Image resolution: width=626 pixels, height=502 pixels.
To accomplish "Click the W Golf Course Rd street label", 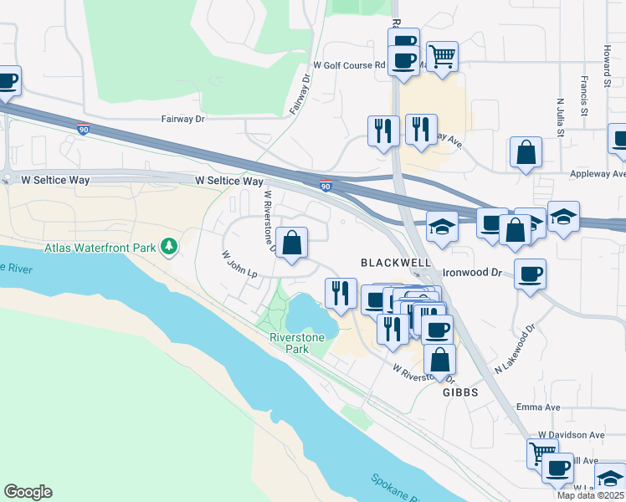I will (348, 64).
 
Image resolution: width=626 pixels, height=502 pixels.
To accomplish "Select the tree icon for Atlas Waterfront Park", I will (169, 246).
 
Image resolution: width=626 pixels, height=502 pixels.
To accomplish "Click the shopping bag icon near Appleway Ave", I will (526, 152).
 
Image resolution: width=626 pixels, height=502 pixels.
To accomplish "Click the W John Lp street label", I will (239, 264).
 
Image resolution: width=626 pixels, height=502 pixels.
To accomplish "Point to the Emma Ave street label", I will (561, 407).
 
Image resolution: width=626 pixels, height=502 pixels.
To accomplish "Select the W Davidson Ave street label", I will (571, 435).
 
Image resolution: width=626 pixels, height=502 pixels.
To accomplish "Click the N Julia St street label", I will (560, 115).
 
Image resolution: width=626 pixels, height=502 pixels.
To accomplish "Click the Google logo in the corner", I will (28, 492).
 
